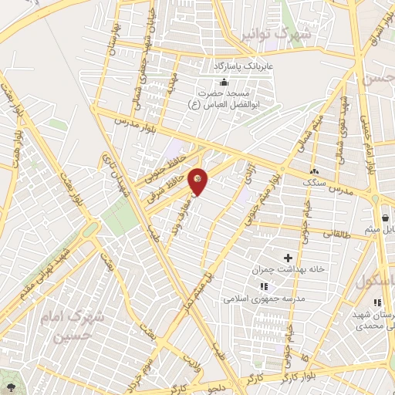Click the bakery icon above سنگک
(314, 170)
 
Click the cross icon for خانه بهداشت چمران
(288, 257)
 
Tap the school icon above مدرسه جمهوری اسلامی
(264, 285)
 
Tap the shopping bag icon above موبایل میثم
(384, 217)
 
